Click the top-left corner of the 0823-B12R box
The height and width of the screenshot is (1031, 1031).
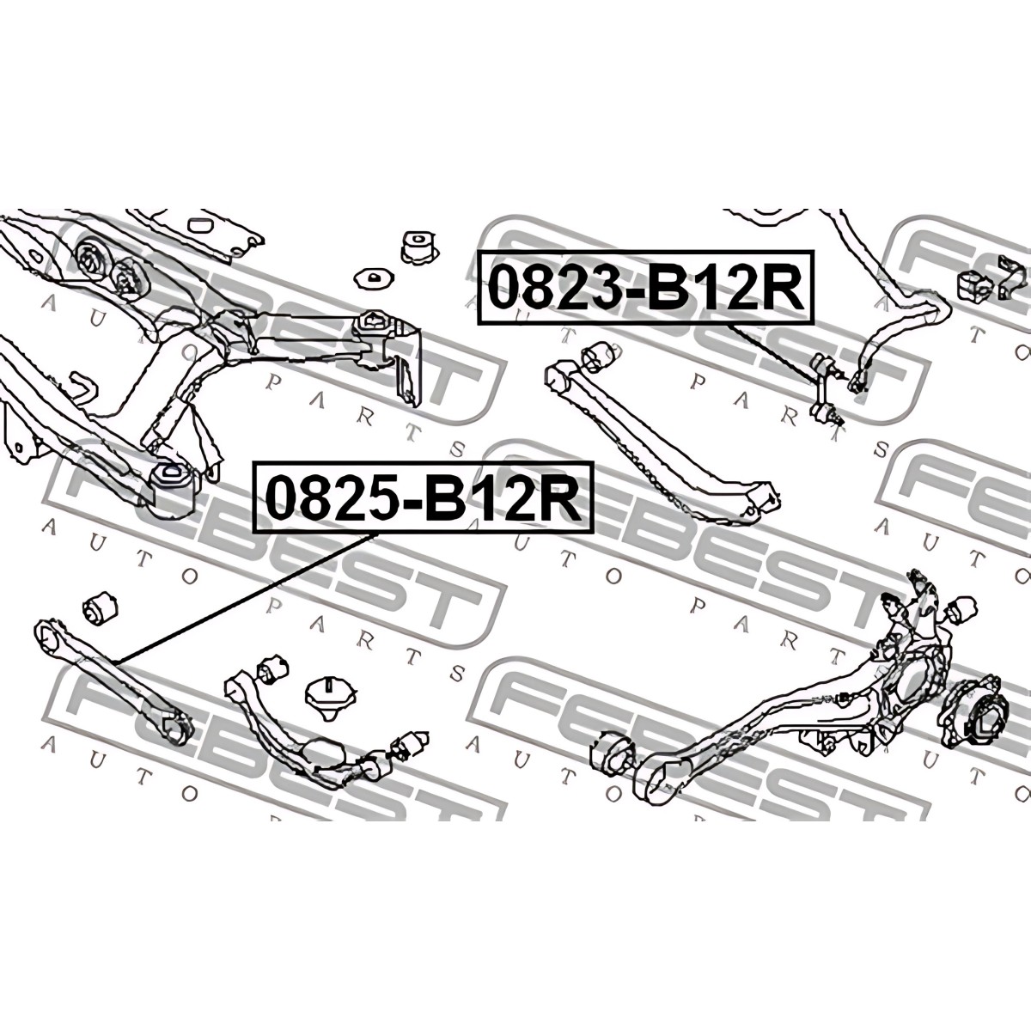point(479,252)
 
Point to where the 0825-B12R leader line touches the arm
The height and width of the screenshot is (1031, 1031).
point(116,662)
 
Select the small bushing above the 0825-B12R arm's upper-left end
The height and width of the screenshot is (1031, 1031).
point(101,607)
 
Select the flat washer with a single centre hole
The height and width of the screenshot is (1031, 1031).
point(375,278)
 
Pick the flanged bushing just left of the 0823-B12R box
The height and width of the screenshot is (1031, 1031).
point(420,247)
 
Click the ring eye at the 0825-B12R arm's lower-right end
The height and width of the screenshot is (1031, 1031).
point(175,729)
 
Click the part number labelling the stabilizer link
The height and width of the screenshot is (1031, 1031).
point(646,289)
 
